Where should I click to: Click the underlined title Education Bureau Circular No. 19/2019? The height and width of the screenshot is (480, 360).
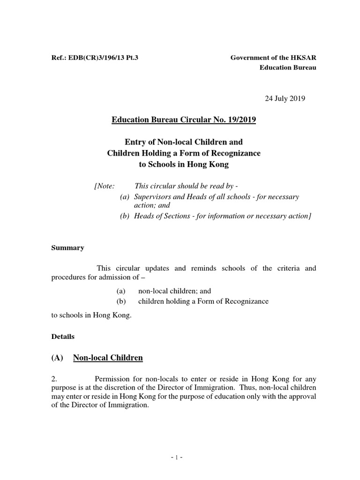184,120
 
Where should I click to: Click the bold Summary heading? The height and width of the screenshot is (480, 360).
67,248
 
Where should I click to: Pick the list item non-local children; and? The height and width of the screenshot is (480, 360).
175,291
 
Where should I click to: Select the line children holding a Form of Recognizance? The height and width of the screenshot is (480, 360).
203,301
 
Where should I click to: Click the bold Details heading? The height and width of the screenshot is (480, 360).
63,337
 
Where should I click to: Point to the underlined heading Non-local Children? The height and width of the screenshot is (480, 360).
108,358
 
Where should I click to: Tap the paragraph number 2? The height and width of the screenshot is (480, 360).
54,379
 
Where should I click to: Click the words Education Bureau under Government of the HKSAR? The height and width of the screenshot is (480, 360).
288,67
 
